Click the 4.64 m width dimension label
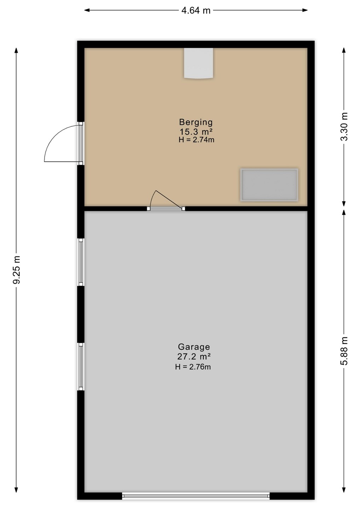196,11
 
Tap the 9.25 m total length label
17,269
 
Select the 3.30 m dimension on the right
344,127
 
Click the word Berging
196,122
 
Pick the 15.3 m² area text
196,131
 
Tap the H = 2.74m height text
196,140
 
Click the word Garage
194,347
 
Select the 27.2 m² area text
194,357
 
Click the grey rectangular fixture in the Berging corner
269,185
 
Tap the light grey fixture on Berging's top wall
199,63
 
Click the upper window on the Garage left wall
81,262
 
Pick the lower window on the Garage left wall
81,367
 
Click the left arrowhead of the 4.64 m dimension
87,10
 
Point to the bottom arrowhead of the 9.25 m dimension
16,490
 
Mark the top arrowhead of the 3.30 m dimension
344,51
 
